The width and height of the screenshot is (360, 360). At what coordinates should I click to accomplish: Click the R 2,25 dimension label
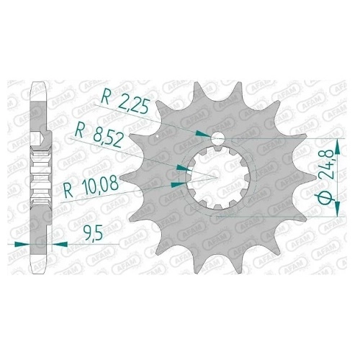(125, 102)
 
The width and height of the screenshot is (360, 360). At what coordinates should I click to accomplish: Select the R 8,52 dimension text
(99, 137)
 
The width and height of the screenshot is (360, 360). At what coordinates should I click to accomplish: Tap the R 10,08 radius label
(91, 186)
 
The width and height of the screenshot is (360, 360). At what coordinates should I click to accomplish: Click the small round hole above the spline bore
(217, 138)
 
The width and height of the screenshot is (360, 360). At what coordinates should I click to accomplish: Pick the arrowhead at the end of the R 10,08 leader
(178, 184)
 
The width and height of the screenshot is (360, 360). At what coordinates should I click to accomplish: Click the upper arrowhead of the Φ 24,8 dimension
(337, 147)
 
